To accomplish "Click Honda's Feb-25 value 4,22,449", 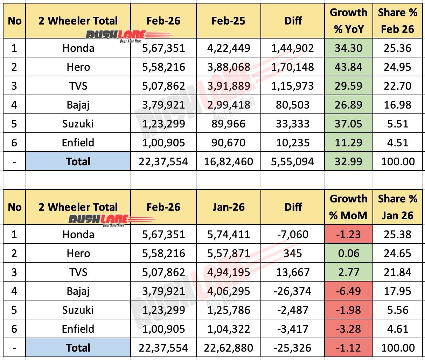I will pyautogui.click(x=228, y=48).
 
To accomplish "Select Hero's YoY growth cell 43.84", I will pyautogui.click(x=348, y=67).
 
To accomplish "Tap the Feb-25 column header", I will pyautogui.click(x=228, y=21).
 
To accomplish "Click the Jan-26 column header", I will pyautogui.click(x=228, y=207).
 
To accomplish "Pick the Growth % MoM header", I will pyautogui.click(x=348, y=207).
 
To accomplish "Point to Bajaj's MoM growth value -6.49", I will pyautogui.click(x=348, y=291).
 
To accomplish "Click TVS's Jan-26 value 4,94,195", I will pyautogui.click(x=228, y=272).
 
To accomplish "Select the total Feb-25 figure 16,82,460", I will pyautogui.click(x=228, y=161).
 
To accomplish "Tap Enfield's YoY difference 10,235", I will pyautogui.click(x=293, y=143).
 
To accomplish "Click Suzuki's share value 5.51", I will pyautogui.click(x=397, y=124).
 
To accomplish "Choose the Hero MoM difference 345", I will pyautogui.click(x=293, y=253).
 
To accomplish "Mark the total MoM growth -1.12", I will pyautogui.click(x=348, y=348).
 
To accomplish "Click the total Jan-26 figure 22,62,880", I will pyautogui.click(x=228, y=348).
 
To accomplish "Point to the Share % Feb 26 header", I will pyautogui.click(x=397, y=21).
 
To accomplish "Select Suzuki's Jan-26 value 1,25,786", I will pyautogui.click(x=228, y=310).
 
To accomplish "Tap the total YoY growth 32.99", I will pyautogui.click(x=348, y=161).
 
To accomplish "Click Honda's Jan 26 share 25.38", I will pyautogui.click(x=397, y=234).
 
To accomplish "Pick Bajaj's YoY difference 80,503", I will pyautogui.click(x=293, y=105).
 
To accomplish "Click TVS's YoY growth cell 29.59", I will pyautogui.click(x=348, y=86).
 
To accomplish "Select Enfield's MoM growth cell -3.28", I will pyautogui.click(x=348, y=329).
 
